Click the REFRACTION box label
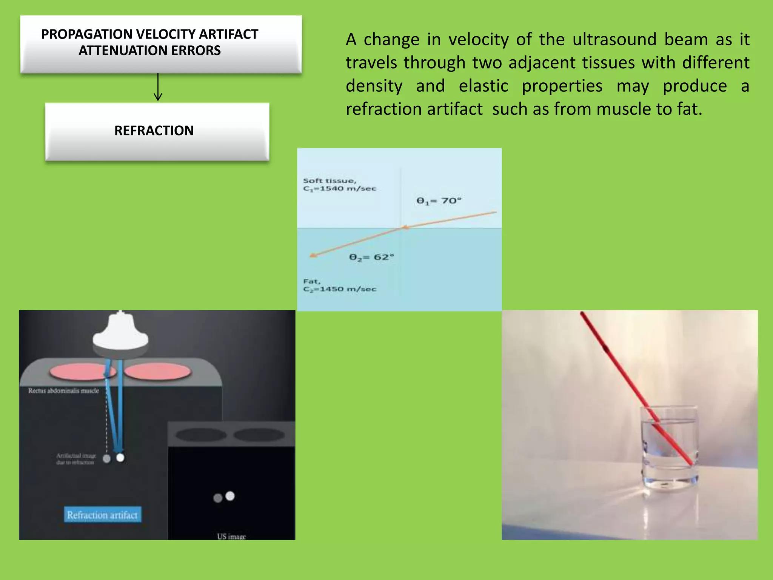click(x=154, y=131)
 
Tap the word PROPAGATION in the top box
click(x=87, y=34)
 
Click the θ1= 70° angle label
click(x=439, y=201)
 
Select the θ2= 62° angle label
click(x=371, y=257)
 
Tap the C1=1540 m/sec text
click(x=340, y=188)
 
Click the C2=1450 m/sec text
click(x=340, y=289)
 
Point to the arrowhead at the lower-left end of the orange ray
click(x=313, y=256)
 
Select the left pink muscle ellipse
click(x=78, y=372)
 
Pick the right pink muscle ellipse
click(x=158, y=372)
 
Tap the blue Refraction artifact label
click(x=102, y=515)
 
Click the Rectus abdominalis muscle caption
click(x=63, y=391)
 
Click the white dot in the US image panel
click(x=230, y=496)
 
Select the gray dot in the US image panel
click(x=218, y=498)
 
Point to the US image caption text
click(x=231, y=536)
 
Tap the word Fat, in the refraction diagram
click(x=312, y=281)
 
